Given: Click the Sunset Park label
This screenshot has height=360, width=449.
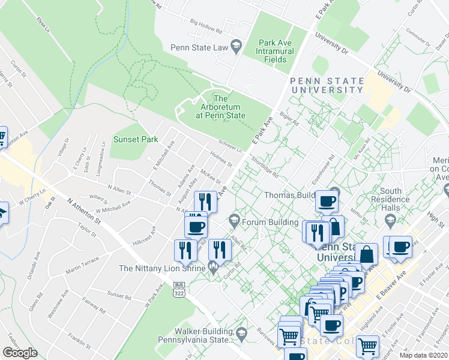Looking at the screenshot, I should [x=136, y=139].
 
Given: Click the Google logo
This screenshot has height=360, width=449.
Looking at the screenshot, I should [x=20, y=353].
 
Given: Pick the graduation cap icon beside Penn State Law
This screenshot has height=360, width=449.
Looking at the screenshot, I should [x=237, y=46].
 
